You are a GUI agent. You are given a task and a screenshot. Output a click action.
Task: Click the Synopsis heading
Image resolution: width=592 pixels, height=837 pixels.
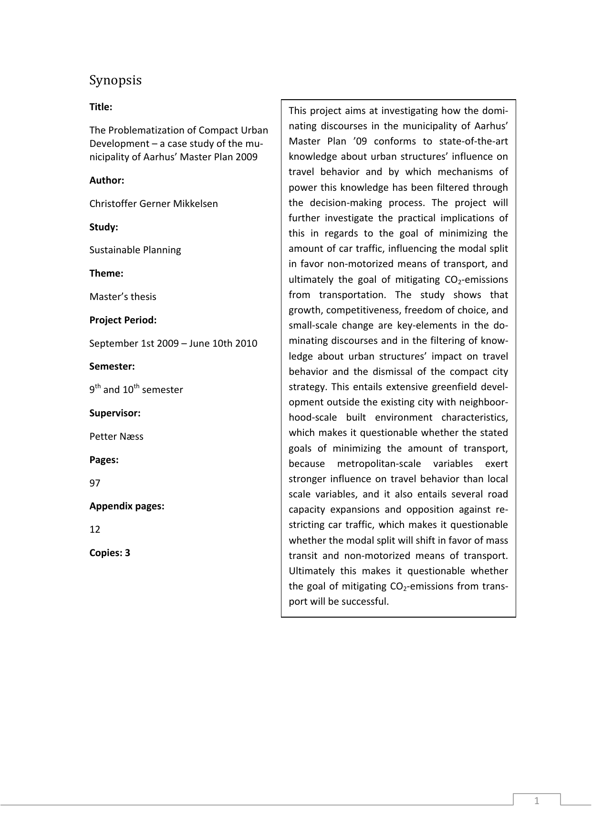[x=115, y=80]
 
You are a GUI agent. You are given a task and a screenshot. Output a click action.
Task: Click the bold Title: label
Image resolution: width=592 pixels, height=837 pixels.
[x=101, y=107]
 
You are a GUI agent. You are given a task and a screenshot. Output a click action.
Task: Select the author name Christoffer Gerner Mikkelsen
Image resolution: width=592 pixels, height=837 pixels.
[x=153, y=204]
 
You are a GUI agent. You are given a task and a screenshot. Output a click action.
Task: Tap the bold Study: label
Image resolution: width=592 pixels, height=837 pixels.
[x=104, y=227]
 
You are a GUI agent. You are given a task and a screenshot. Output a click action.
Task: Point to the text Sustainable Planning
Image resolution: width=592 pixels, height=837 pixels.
[x=135, y=250]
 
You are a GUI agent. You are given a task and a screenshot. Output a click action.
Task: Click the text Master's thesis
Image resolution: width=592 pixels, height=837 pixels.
[x=123, y=297]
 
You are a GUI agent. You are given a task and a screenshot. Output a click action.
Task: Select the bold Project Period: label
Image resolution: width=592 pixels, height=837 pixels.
[x=123, y=320]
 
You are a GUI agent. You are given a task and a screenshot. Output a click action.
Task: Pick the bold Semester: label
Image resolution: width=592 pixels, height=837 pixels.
[x=112, y=366]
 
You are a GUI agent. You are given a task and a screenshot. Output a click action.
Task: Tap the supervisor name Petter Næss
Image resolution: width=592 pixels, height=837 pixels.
[x=116, y=436]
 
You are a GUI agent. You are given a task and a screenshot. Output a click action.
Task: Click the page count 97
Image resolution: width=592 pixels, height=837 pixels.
[x=95, y=483]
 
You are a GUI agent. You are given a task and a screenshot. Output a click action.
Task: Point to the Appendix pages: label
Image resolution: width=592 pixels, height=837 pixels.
[x=126, y=506]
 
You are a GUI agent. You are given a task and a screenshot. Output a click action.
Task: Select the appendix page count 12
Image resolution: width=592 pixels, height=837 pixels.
[x=95, y=529]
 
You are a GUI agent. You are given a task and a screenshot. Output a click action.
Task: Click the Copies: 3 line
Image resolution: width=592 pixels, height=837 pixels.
[x=110, y=553]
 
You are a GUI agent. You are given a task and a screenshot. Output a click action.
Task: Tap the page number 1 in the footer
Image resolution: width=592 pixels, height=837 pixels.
[x=537, y=801]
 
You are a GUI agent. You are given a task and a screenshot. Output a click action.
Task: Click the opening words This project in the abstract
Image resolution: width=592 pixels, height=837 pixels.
[x=309, y=111]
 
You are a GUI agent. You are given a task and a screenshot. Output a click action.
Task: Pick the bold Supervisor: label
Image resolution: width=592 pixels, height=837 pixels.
[x=114, y=413]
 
